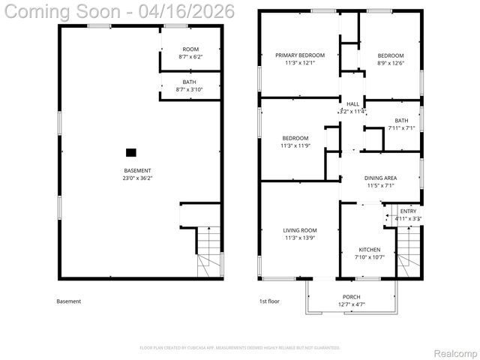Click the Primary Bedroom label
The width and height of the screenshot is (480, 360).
[300, 55]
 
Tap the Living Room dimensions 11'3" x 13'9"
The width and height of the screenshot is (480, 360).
[300, 238]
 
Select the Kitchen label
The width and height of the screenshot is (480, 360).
[369, 250]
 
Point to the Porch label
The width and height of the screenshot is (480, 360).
[351, 297]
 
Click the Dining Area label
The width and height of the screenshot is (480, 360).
[380, 178]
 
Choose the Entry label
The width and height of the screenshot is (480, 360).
[408, 211]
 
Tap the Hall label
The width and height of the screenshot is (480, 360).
[352, 104]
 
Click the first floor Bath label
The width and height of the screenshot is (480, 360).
[401, 121]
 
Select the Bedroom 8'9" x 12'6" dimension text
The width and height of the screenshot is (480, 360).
[390, 63]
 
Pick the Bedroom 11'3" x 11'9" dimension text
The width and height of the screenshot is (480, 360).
[295, 145]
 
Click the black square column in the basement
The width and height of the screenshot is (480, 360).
[131, 152]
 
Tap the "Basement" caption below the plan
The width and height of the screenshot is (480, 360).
[68, 301]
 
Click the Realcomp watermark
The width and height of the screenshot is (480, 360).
[455, 352]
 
